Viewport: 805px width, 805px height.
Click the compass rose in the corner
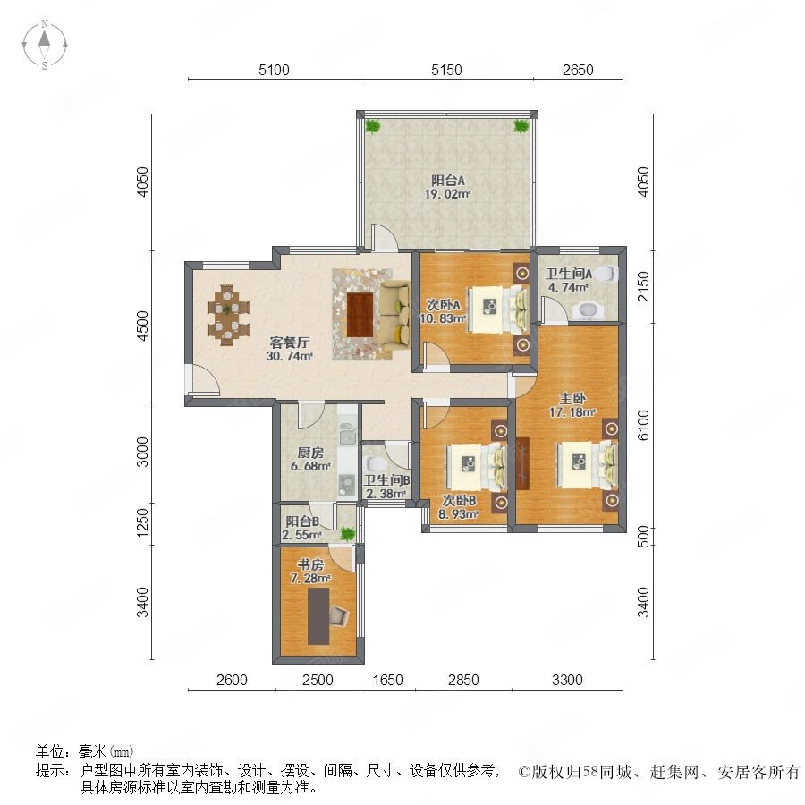point(45,44)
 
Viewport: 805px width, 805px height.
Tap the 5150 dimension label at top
point(446,70)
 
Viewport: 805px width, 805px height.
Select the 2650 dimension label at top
point(578,70)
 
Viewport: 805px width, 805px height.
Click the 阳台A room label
point(448,181)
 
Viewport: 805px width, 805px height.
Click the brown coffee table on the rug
point(360,314)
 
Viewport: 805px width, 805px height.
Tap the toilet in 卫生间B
point(372,463)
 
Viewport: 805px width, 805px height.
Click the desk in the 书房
point(318,615)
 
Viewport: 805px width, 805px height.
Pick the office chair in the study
point(339,614)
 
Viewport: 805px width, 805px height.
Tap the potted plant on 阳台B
point(348,533)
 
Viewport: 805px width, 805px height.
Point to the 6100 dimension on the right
point(643,425)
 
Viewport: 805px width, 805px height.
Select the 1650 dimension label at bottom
point(387,680)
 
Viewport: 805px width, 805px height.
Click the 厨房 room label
point(310,453)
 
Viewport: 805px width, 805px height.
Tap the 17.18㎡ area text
point(572,411)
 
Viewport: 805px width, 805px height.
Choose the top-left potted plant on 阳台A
point(373,125)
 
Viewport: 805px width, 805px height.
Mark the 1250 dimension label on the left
point(143,523)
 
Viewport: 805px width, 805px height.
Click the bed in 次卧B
point(476,465)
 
